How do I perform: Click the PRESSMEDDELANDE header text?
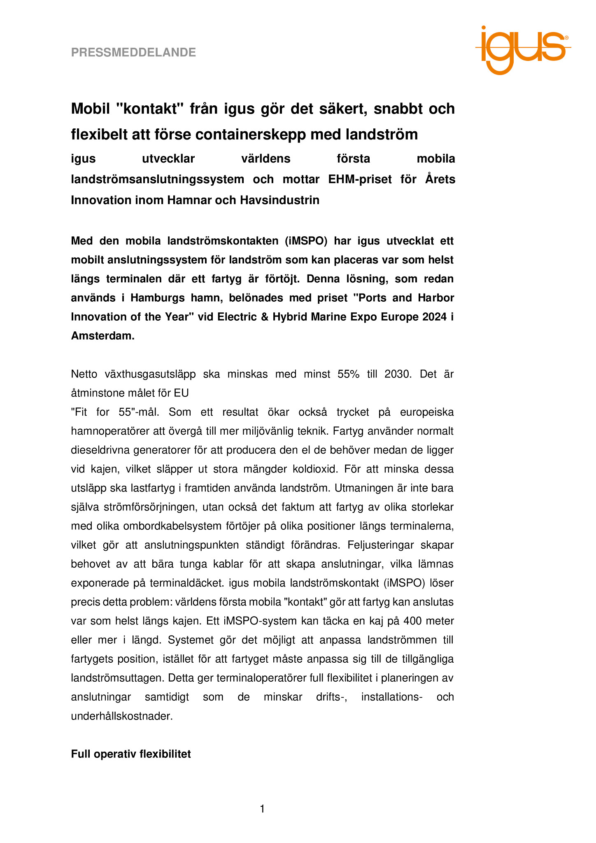[x=133, y=52]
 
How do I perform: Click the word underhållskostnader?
[x=122, y=716]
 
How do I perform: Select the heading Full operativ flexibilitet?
[x=131, y=754]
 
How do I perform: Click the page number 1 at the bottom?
[x=263, y=809]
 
